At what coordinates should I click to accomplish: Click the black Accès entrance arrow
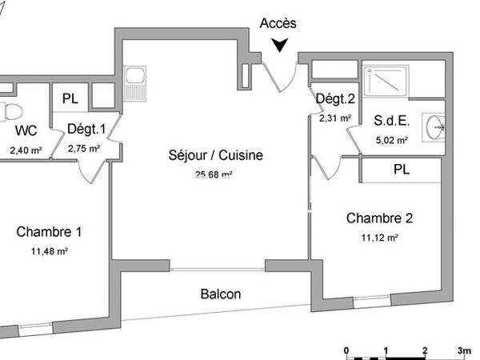coord(279,45)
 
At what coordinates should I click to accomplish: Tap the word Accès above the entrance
coord(278,24)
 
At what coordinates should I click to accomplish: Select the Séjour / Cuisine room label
coord(215,155)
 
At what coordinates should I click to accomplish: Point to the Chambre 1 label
coord(49,233)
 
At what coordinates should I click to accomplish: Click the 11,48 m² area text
coord(50,252)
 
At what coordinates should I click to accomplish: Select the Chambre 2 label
coord(379,218)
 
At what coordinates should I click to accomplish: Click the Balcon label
coord(220,294)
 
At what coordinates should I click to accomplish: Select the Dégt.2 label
coord(334,99)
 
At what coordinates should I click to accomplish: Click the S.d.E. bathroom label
coord(392,121)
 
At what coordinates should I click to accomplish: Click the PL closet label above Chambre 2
coord(402,170)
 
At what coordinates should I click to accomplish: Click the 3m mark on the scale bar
coord(464,350)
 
